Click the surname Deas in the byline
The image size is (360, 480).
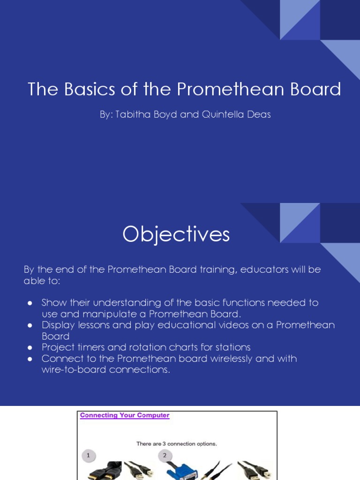[259, 114]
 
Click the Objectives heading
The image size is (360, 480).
[176, 234]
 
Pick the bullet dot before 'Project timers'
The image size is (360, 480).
[30, 347]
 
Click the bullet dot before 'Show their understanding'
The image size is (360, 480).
[30, 303]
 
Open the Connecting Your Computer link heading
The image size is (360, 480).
[125, 415]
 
